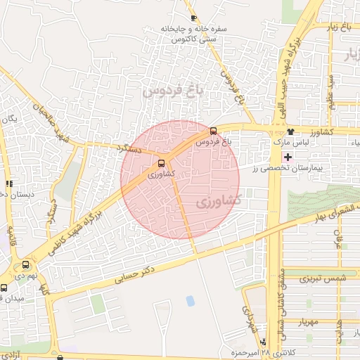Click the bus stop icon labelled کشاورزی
pyautogui.click(x=162, y=163)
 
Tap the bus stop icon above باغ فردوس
pyautogui.click(x=214, y=130)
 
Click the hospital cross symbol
pyautogui.click(x=287, y=155)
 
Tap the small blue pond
pyautogui.click(x=190, y=301)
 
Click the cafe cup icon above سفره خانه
pyautogui.click(x=193, y=19)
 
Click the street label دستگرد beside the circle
pyautogui.click(x=131, y=149)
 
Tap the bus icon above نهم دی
pyautogui.click(x=27, y=265)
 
